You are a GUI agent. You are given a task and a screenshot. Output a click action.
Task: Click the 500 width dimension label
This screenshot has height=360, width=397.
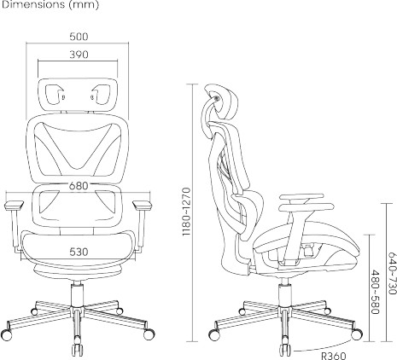(x=79, y=37)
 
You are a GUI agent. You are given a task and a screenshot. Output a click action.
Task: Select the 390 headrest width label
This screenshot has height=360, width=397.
(x=79, y=55)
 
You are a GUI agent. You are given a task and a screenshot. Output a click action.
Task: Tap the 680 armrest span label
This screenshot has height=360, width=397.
(x=79, y=186)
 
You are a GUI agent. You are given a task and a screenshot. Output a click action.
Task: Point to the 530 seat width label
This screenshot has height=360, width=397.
(x=79, y=252)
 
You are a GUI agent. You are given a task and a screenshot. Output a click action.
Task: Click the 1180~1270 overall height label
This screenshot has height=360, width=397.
(x=186, y=212)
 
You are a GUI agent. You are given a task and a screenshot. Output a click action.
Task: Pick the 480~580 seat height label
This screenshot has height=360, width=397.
(x=375, y=292)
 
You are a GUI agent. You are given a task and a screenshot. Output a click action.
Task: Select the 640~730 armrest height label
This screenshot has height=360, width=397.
(x=392, y=273)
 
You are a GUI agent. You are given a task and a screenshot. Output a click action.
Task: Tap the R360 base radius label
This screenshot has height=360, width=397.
(x=334, y=356)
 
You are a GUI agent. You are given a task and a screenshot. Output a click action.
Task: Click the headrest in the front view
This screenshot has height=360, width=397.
(x=78, y=95)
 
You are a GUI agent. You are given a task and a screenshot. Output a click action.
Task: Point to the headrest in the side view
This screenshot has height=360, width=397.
(x=225, y=102)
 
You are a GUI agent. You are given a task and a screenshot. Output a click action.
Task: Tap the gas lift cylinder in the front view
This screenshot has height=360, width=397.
(x=77, y=294)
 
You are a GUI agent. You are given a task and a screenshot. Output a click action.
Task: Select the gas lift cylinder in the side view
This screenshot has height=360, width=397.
(x=285, y=293)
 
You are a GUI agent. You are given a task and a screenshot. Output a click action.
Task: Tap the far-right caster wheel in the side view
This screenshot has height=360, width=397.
(x=357, y=334)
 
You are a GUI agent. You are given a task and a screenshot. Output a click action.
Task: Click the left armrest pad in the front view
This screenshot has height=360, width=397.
(x=14, y=205)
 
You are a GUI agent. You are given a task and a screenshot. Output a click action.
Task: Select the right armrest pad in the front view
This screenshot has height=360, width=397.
(x=142, y=205)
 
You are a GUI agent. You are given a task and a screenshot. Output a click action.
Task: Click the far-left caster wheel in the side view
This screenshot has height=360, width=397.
(x=214, y=335)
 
